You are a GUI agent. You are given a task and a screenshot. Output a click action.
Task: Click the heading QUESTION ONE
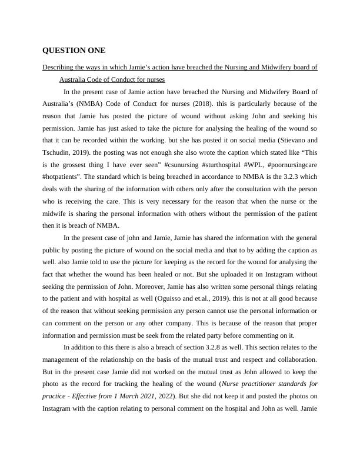(x=74, y=51)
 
